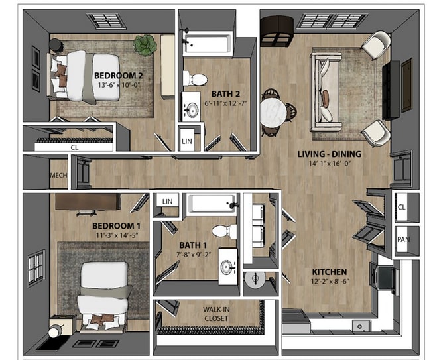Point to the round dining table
coord(272,110)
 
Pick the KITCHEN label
coord(330,272)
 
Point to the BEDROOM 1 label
coord(116,226)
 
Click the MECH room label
coord(58,176)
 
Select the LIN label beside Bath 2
coord(188,141)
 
